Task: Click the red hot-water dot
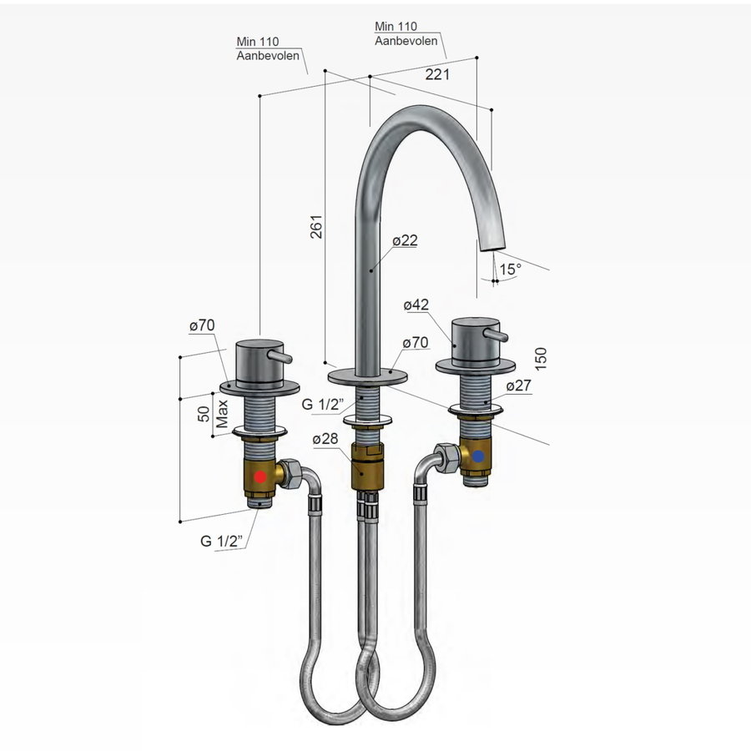coord(260,477)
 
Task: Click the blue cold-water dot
coord(477,457)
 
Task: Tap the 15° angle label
coord(510,269)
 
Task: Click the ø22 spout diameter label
coord(405,240)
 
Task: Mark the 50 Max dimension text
coord(213,415)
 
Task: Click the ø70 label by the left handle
coord(203,326)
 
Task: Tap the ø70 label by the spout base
coord(415,343)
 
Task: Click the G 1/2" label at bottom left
coord(221,541)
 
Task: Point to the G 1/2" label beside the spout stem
coord(320,405)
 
